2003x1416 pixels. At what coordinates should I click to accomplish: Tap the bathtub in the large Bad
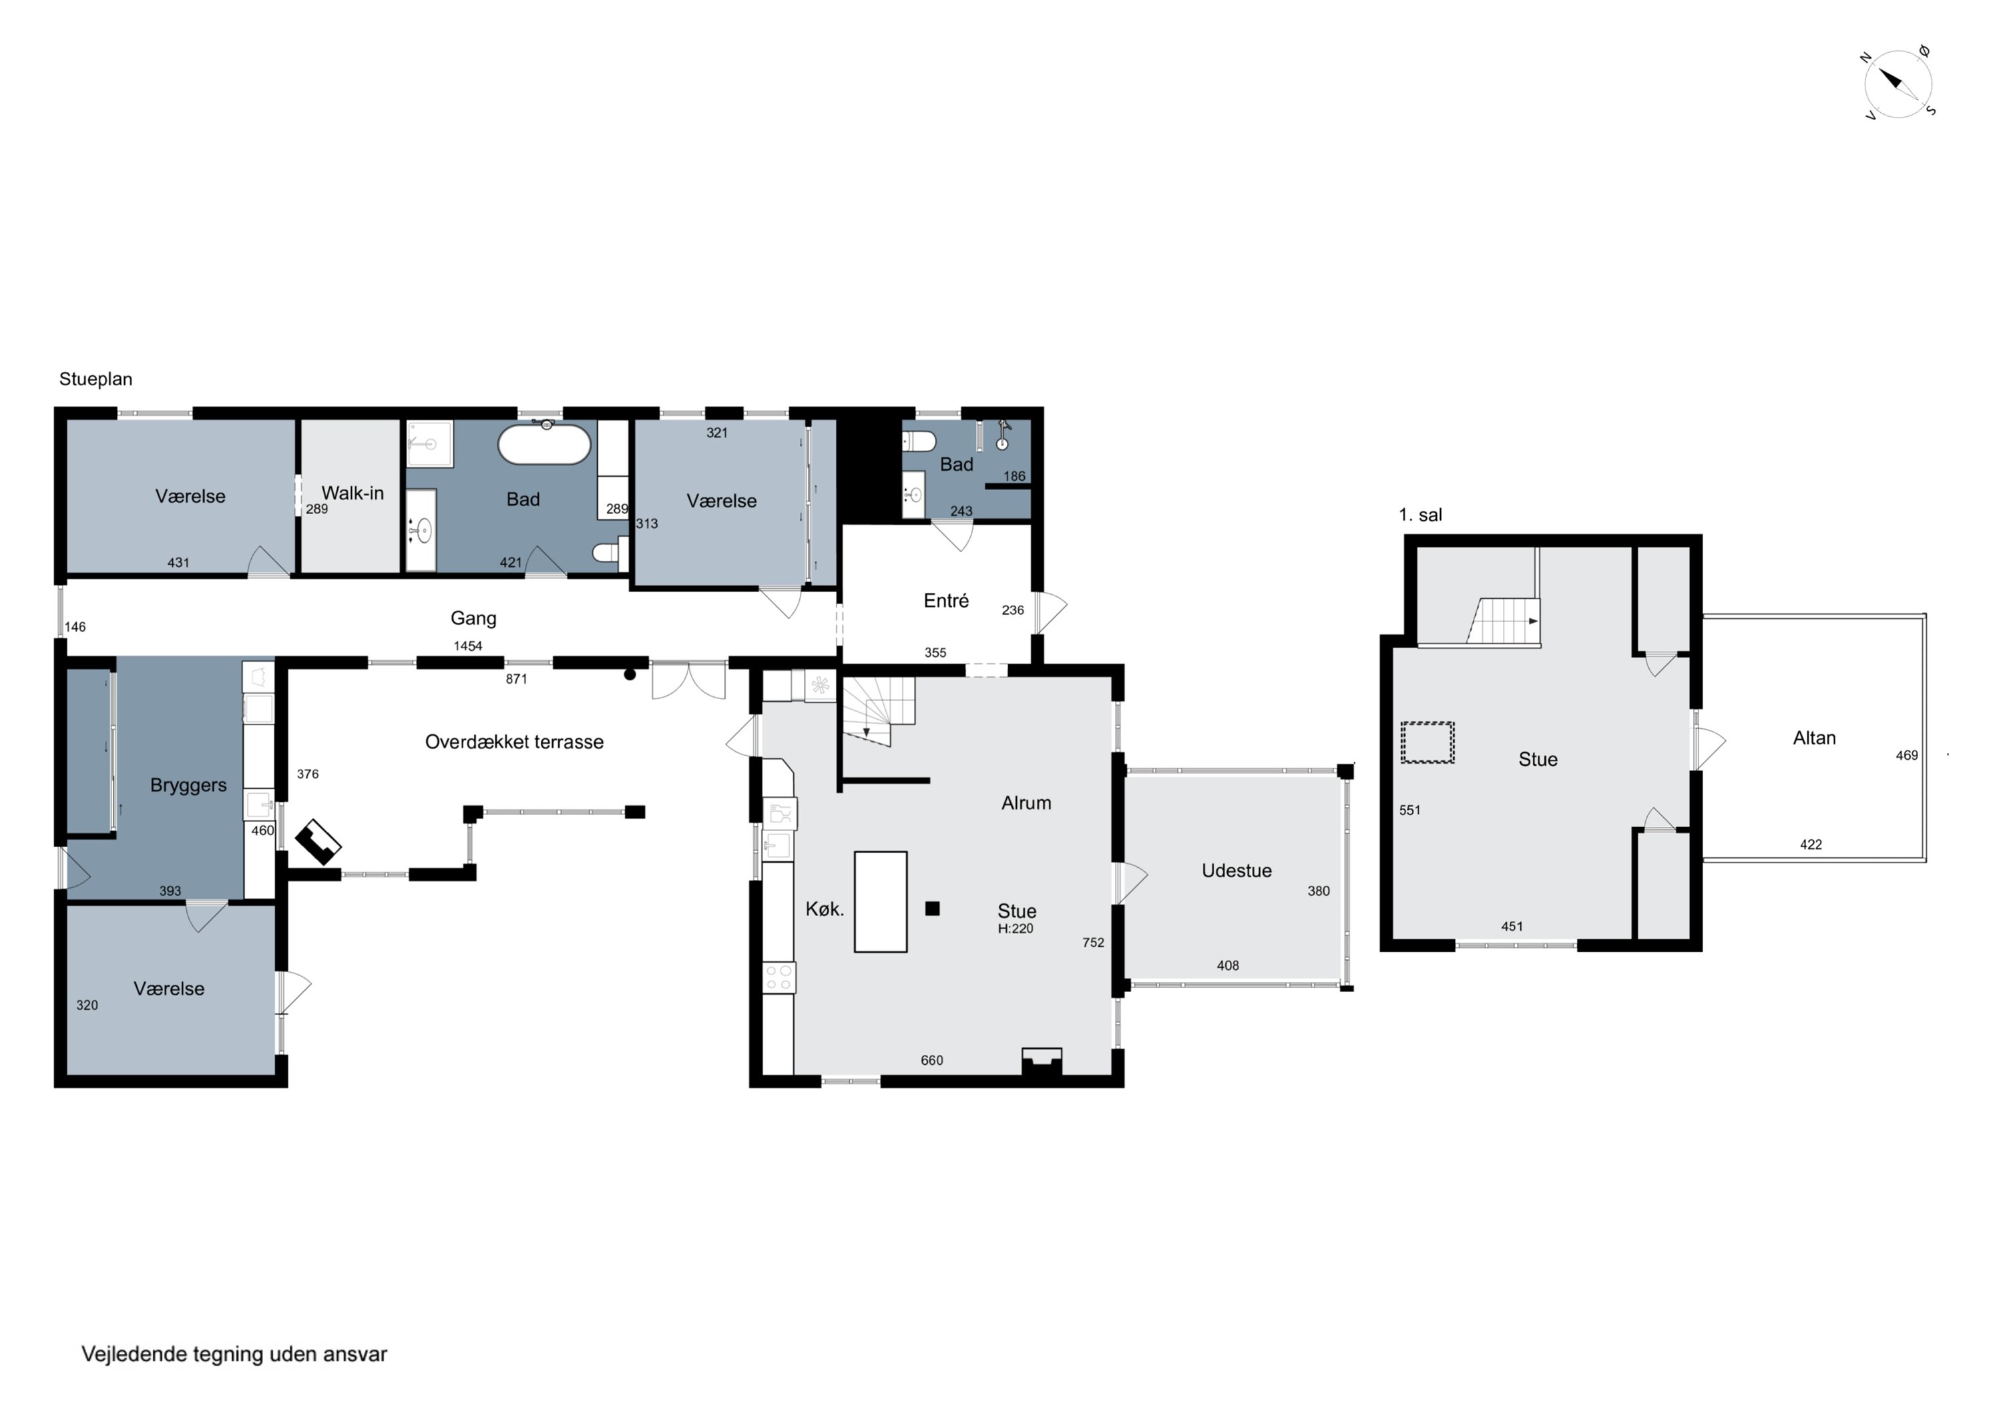[544, 444]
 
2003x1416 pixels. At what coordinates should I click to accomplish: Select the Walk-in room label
[353, 493]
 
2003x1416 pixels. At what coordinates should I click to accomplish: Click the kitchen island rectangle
[880, 901]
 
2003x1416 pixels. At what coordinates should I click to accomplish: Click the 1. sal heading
[1420, 515]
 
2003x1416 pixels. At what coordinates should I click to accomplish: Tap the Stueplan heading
[96, 379]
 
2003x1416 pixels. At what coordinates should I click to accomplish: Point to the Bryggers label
[188, 785]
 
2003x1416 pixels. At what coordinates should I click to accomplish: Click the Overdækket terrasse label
[514, 742]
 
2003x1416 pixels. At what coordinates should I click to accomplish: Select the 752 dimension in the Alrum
[1093, 942]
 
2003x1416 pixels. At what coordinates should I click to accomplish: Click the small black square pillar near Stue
[933, 908]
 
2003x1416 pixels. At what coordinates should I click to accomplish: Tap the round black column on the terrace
[630, 674]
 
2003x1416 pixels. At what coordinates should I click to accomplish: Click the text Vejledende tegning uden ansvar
[234, 1354]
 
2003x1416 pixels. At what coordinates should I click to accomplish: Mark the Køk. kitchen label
[825, 909]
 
